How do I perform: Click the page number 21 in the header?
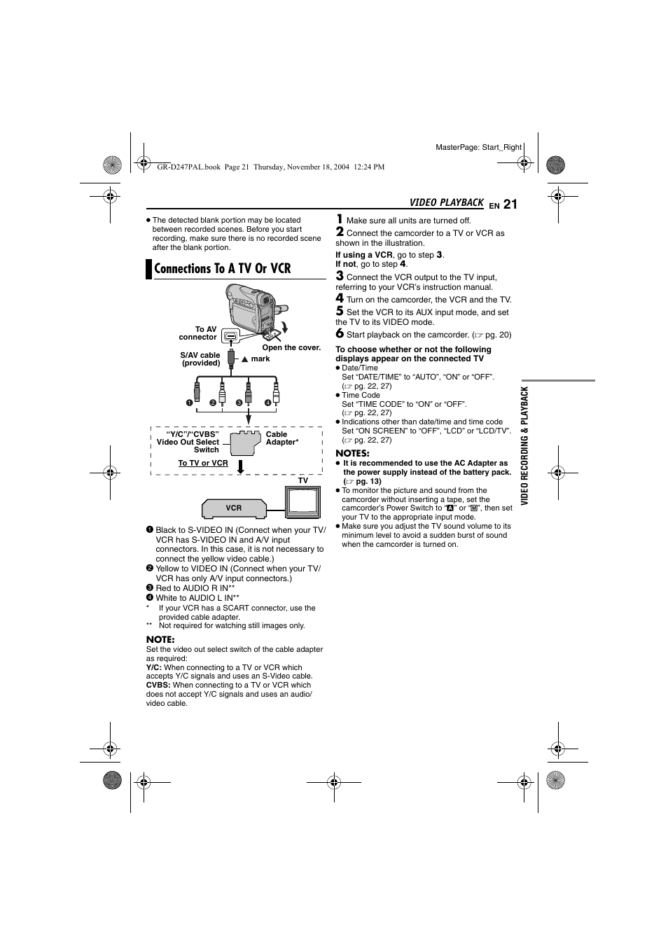pyautogui.click(x=510, y=204)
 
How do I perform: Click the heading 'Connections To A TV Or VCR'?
pyautogui.click(x=222, y=269)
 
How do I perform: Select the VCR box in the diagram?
pyautogui.click(x=234, y=508)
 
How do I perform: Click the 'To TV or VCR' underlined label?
pyautogui.click(x=203, y=463)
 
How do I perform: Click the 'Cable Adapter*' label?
pyautogui.click(x=281, y=438)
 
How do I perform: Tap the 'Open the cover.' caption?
pyautogui.click(x=291, y=347)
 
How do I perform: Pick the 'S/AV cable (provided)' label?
pyautogui.click(x=200, y=359)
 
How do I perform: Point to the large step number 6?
pyautogui.click(x=340, y=333)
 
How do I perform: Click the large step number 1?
pyautogui.click(x=340, y=219)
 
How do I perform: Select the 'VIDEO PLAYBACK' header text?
pyautogui.click(x=446, y=203)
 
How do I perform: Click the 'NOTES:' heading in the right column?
pyautogui.click(x=352, y=453)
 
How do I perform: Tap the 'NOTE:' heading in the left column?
pyautogui.click(x=160, y=639)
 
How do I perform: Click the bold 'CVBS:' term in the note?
pyautogui.click(x=158, y=686)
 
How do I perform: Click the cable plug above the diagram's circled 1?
pyautogui.click(x=197, y=389)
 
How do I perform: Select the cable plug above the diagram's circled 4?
pyautogui.click(x=276, y=389)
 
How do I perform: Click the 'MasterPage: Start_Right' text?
pyautogui.click(x=478, y=147)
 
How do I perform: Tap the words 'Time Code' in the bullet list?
pyautogui.click(x=361, y=395)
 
